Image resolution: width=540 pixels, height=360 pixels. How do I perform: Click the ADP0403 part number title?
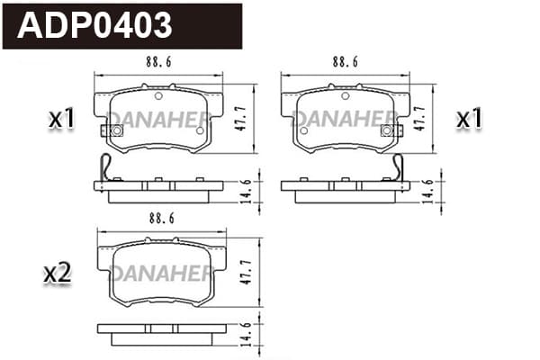94,25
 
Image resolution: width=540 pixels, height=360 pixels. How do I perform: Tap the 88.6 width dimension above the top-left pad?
158,62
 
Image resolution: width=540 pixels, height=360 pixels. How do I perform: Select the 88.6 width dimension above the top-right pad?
345,62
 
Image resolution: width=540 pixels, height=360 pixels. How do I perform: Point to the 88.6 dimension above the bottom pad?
162,219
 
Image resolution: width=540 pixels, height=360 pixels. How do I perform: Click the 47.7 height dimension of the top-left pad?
241,119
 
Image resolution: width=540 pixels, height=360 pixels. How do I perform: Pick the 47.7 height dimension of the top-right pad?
420,119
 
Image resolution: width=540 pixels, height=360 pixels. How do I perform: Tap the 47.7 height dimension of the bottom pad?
247,272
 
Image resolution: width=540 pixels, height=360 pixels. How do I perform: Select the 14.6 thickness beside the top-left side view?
247,191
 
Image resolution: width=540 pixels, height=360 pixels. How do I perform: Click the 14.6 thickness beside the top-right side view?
428,191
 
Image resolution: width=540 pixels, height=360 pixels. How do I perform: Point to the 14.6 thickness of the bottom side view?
247,335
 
